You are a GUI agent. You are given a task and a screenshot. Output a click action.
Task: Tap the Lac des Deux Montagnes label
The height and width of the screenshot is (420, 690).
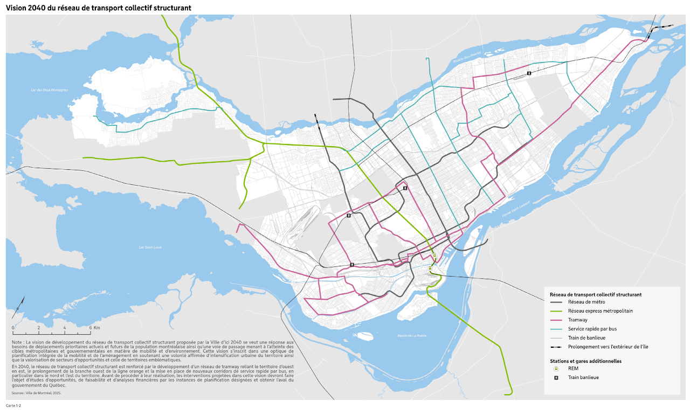tap(50, 90)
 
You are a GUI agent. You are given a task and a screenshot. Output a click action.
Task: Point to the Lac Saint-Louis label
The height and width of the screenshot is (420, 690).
tap(150, 247)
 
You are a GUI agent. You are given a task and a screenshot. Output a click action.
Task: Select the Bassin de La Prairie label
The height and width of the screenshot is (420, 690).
tap(412, 336)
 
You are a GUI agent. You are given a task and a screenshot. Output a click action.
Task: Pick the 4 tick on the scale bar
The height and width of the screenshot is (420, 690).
tap(65, 327)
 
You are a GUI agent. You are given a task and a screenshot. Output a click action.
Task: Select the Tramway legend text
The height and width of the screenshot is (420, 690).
tap(578, 320)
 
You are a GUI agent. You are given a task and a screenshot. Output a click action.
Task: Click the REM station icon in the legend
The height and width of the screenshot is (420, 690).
tap(556, 369)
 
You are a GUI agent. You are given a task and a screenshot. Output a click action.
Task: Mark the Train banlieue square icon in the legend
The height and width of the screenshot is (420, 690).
tap(556, 377)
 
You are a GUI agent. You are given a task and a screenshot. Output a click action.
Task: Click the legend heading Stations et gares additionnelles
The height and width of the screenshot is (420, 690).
tap(586, 361)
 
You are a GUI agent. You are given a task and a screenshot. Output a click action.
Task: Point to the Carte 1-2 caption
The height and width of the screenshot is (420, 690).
tap(13, 405)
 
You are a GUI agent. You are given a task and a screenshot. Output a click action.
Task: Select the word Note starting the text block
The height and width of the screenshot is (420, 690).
tap(16, 342)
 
